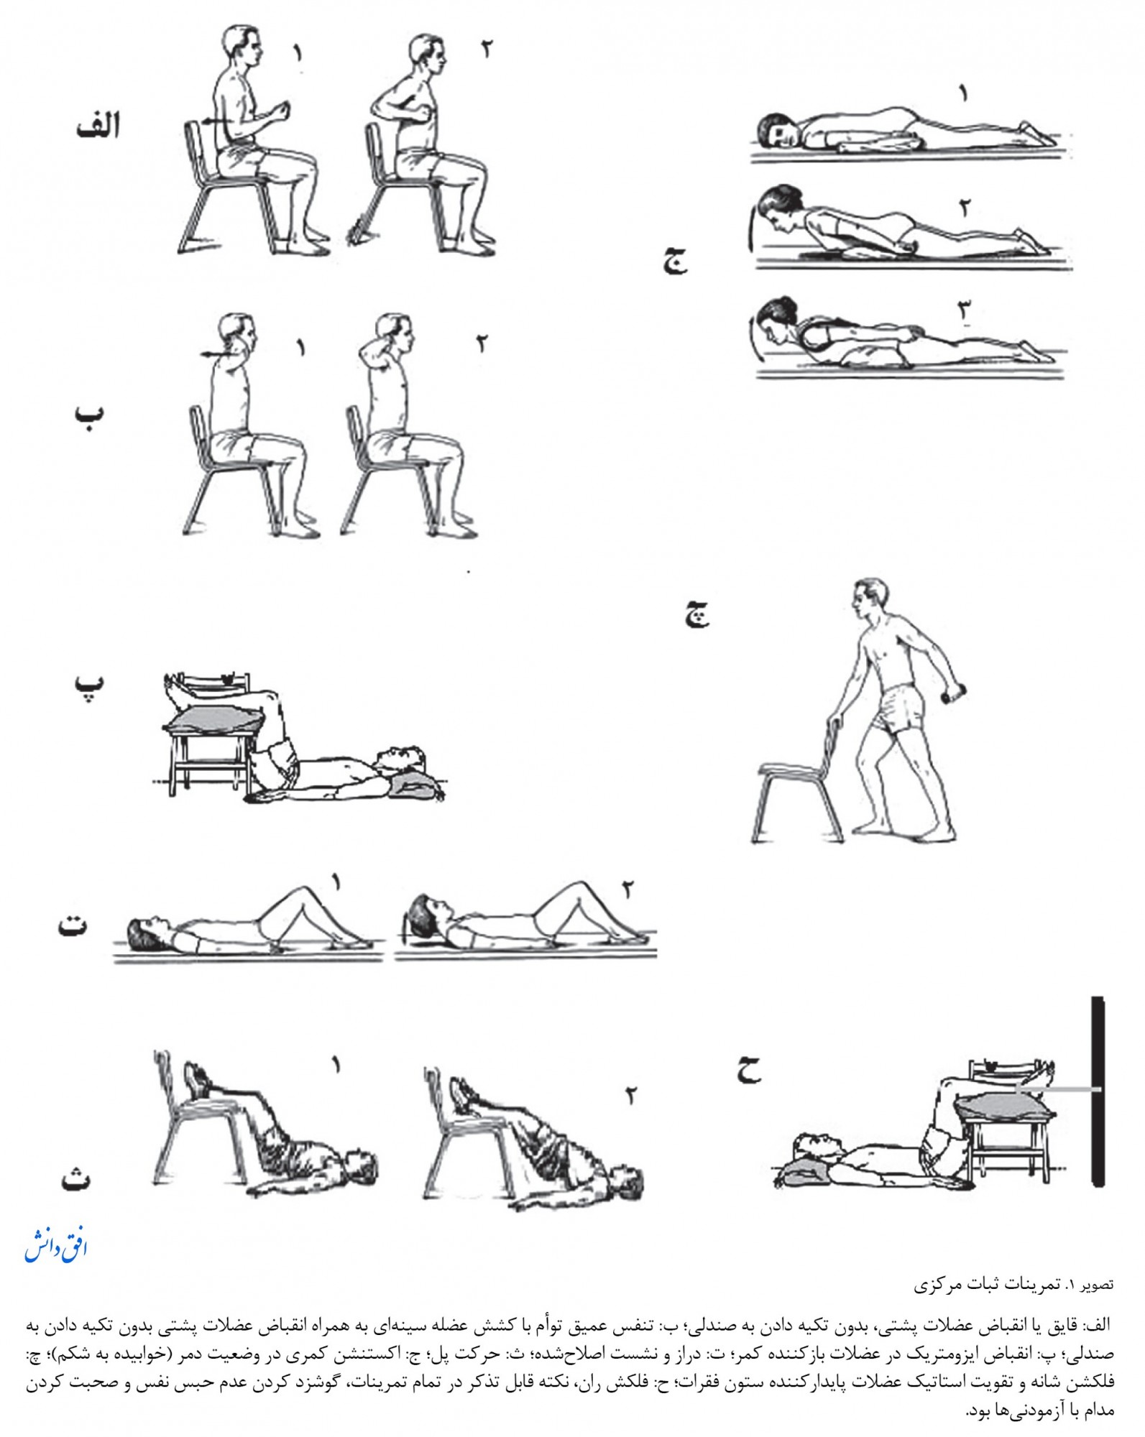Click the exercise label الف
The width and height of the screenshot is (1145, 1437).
point(98,126)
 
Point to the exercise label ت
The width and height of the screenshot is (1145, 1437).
point(73,924)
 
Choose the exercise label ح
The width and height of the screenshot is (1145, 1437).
point(748,1070)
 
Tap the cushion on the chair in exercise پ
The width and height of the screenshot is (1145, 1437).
point(216,719)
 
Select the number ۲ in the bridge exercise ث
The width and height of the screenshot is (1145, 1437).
point(630,1096)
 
